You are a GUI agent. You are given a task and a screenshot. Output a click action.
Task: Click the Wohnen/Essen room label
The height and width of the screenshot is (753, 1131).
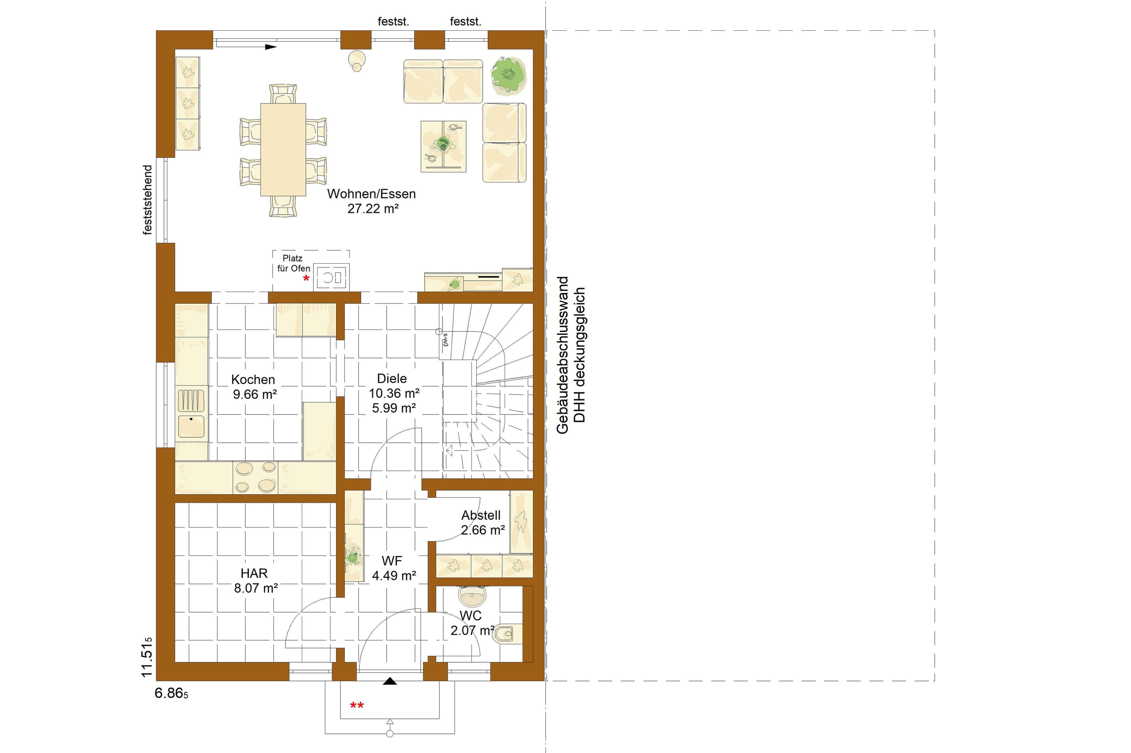[x=371, y=194]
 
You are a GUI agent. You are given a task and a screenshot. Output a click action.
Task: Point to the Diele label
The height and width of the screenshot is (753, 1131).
[x=392, y=378]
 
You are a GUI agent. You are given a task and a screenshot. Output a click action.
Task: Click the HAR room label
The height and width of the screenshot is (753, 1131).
[x=254, y=573]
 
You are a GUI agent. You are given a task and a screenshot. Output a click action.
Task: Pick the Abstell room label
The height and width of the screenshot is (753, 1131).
[x=481, y=515]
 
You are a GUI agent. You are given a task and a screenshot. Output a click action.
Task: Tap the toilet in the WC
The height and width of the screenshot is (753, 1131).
[x=508, y=634]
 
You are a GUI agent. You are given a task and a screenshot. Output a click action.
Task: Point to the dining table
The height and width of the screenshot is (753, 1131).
[x=283, y=149]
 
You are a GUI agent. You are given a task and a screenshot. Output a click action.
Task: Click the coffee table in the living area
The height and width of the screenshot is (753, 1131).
[x=443, y=146]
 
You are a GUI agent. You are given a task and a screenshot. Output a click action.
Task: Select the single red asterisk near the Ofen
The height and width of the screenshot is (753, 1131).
[x=306, y=279]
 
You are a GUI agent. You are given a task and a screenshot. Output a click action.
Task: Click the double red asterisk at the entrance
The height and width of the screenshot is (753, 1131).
[x=357, y=705]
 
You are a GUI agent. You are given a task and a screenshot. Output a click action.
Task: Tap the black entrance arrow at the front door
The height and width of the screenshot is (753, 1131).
[x=390, y=681]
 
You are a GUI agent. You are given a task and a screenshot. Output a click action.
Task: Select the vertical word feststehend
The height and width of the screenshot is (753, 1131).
[x=148, y=200]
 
